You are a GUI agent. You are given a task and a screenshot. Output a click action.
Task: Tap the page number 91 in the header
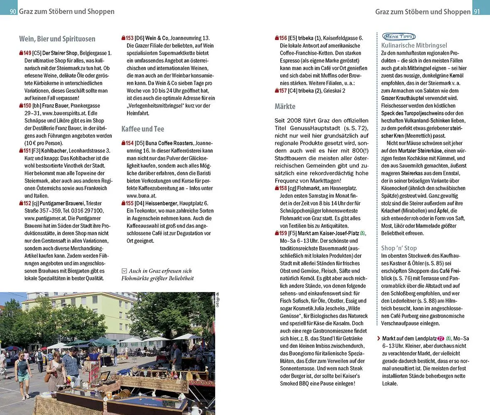477,12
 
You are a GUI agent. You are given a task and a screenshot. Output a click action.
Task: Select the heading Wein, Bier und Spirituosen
57,39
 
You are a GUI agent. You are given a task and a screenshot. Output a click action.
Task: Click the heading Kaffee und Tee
142,129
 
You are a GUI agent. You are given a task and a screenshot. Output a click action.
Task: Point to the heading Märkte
285,106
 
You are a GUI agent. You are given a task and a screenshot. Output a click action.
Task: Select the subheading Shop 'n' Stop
399,248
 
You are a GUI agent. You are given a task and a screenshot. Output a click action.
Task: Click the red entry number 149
27,53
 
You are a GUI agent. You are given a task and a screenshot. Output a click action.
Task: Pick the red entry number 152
27,203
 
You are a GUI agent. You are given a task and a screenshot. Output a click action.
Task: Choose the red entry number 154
129,143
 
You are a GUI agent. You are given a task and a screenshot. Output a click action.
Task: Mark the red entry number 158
283,188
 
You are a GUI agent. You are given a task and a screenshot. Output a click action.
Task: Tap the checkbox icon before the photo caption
124,271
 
